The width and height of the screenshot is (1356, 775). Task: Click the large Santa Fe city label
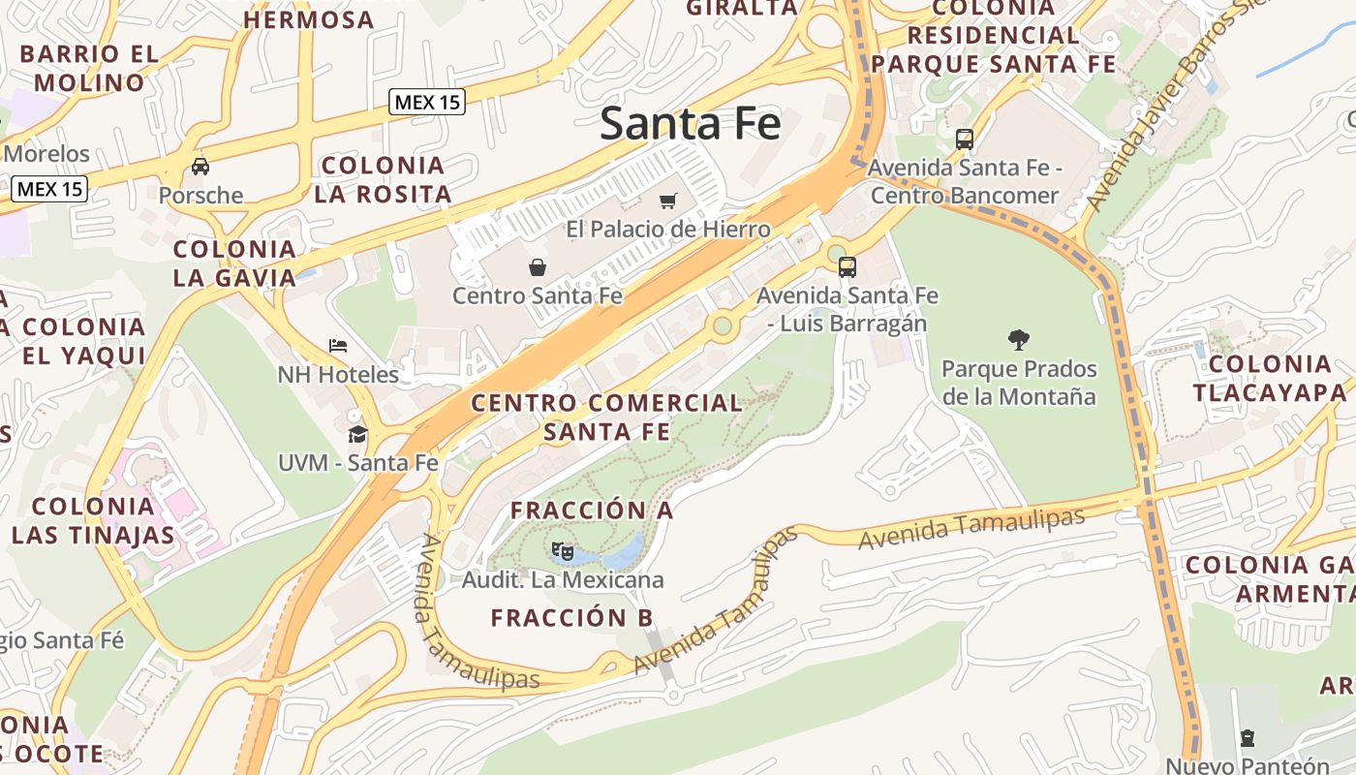pyautogui.click(x=690, y=124)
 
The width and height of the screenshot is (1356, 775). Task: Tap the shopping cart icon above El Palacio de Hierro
pyautogui.click(x=667, y=201)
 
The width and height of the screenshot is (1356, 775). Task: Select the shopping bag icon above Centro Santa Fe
pyautogui.click(x=538, y=266)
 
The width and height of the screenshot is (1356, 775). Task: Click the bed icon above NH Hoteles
pyautogui.click(x=338, y=345)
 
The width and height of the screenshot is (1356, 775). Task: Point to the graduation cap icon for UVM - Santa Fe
pyautogui.click(x=358, y=433)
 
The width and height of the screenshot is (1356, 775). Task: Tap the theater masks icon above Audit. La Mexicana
pyautogui.click(x=562, y=551)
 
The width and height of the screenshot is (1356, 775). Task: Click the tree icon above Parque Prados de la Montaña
pyautogui.click(x=1018, y=339)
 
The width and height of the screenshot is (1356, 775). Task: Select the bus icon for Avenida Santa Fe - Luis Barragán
pyautogui.click(x=847, y=266)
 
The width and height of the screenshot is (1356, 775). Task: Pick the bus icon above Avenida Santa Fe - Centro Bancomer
pyautogui.click(x=964, y=139)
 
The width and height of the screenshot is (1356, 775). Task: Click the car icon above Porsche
pyautogui.click(x=200, y=166)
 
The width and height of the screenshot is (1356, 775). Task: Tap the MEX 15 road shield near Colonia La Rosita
pyautogui.click(x=427, y=102)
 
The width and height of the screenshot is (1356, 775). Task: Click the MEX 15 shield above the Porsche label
pyautogui.click(x=49, y=189)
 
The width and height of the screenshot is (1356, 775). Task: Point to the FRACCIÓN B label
pyautogui.click(x=571, y=617)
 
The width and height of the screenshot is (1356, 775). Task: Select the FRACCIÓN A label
pyautogui.click(x=591, y=510)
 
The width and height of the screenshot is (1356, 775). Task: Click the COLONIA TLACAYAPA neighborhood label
pyautogui.click(x=1269, y=378)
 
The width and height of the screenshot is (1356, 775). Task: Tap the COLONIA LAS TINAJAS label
pyautogui.click(x=94, y=520)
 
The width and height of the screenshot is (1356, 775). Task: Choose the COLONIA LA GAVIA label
pyautogui.click(x=234, y=263)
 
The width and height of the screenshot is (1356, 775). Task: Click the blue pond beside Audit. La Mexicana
pyautogui.click(x=624, y=553)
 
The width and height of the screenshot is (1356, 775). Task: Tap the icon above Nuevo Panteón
pyautogui.click(x=1247, y=738)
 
